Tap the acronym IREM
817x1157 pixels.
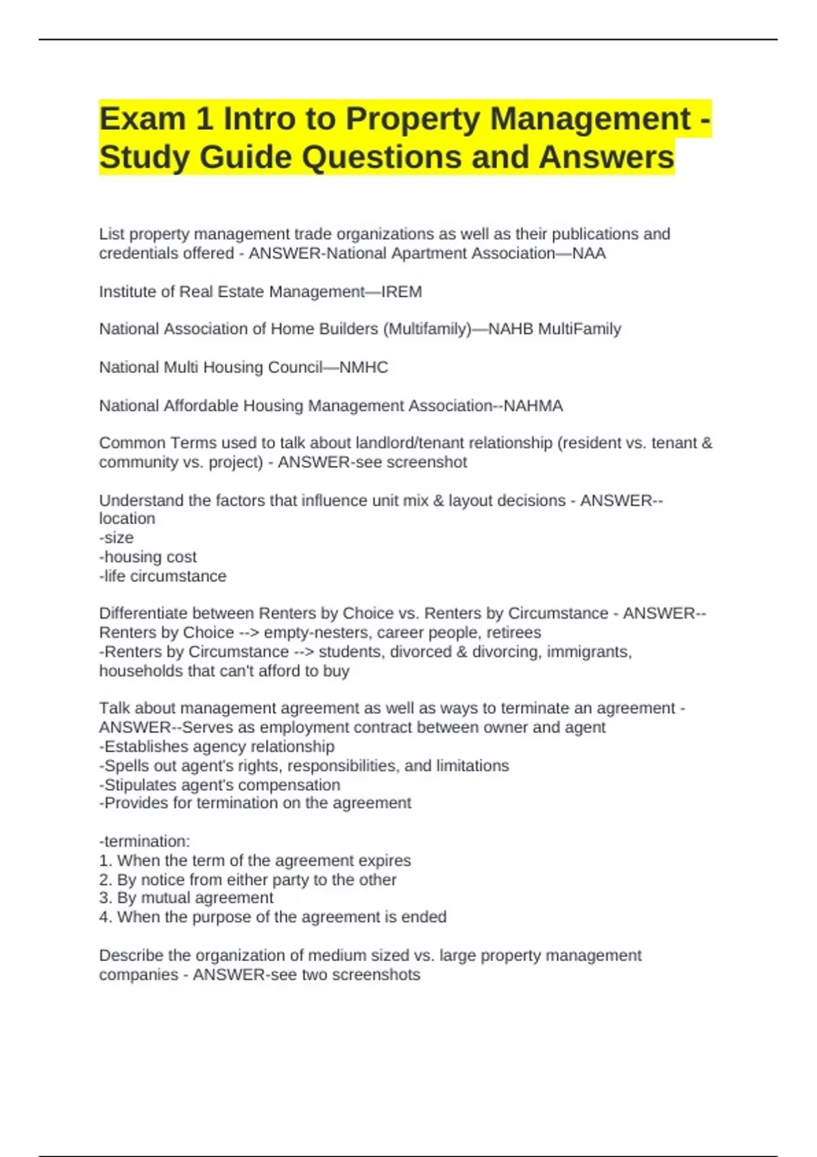point(401,292)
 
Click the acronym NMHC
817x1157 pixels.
point(364,368)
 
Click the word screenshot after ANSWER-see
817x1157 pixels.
point(433,462)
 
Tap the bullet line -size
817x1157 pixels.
point(116,538)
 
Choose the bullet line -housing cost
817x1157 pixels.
point(148,557)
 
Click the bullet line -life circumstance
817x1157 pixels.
point(163,576)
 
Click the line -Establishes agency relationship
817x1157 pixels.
point(217,746)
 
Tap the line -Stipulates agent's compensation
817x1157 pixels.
point(219,784)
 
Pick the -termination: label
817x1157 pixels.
point(144,841)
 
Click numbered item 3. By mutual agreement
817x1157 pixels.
point(186,898)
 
